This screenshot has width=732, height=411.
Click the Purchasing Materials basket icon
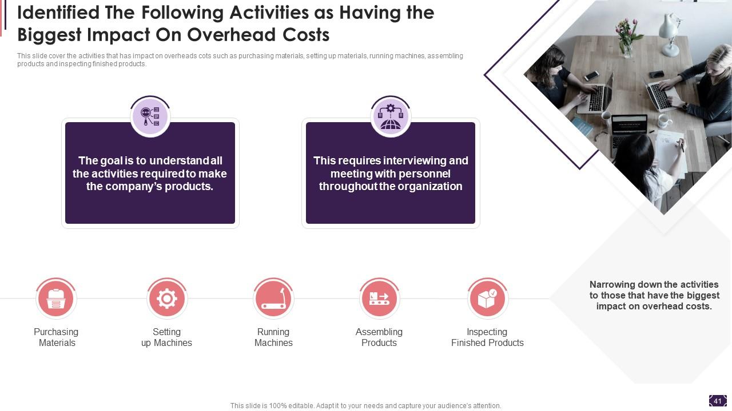[x=56, y=299]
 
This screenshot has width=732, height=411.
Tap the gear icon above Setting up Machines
[x=166, y=299]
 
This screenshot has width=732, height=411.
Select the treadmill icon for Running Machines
[x=273, y=299]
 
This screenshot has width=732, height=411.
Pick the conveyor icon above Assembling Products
[x=379, y=299]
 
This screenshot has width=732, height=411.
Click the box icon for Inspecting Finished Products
[x=487, y=299]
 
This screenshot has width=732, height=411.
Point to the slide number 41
[x=718, y=401]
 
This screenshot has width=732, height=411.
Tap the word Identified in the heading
[x=58, y=13]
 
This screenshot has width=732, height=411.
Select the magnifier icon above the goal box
[x=150, y=116]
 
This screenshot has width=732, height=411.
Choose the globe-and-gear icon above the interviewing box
[x=391, y=116]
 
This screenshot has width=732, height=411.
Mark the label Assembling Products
[x=379, y=337]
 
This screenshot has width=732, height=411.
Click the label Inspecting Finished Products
[x=487, y=337]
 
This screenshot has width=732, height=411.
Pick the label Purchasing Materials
[x=56, y=337]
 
